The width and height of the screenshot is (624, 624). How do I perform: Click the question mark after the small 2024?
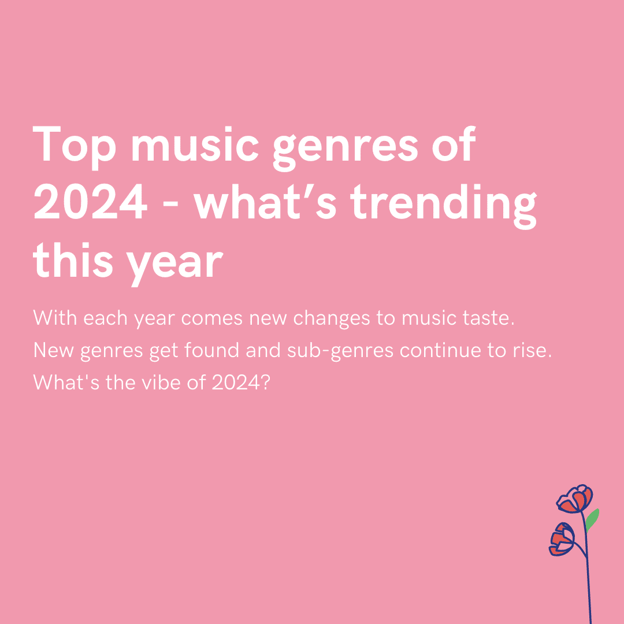click(264, 382)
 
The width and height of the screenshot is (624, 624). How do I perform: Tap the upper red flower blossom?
click(575, 500)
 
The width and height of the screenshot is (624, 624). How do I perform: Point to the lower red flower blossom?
click(562, 538)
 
